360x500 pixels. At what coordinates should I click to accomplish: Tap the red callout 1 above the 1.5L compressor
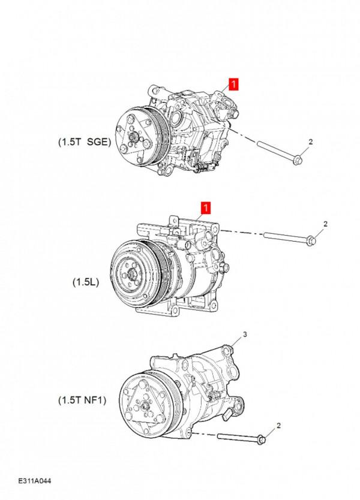[205, 209]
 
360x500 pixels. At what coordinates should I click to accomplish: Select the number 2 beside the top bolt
[311, 142]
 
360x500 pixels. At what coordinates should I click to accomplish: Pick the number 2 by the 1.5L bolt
[325, 224]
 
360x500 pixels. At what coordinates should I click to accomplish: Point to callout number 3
[244, 333]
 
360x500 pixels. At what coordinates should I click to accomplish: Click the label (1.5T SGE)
[85, 142]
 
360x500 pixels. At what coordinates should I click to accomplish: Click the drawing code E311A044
[35, 481]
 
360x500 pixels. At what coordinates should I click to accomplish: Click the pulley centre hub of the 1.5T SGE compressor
[128, 142]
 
